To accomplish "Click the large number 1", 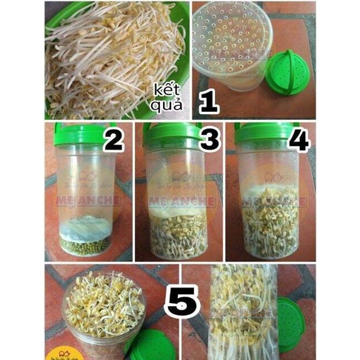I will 209,100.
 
